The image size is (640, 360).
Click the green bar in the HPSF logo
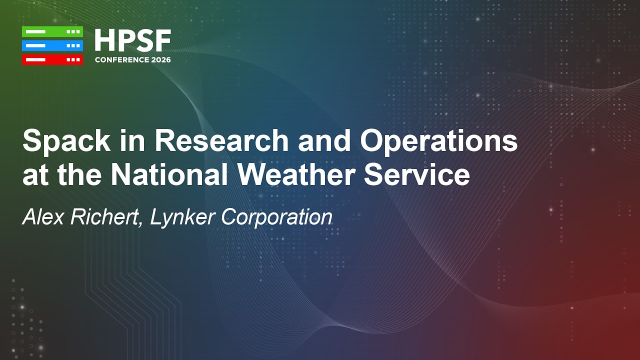[52, 31]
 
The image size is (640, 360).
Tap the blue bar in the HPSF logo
[52, 45]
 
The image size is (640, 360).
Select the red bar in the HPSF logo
[52, 59]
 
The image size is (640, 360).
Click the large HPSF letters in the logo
[132, 41]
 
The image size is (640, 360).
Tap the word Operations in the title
[439, 142]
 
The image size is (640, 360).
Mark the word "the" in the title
[80, 175]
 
